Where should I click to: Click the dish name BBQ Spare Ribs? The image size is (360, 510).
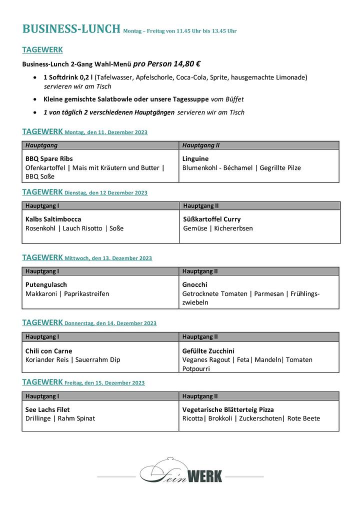click(x=49, y=159)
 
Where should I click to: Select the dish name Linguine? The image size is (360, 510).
click(x=195, y=159)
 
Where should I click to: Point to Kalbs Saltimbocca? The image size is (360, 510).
click(x=53, y=219)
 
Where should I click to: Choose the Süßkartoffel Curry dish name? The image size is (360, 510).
click(x=211, y=219)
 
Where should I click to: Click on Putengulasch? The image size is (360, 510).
click(x=46, y=284)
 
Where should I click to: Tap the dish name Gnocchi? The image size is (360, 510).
click(x=194, y=284)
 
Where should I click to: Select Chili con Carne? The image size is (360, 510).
click(x=49, y=350)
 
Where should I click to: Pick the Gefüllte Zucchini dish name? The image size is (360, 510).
click(x=208, y=350)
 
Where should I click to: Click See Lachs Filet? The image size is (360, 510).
click(x=47, y=409)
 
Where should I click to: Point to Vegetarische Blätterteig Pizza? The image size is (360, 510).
click(x=228, y=409)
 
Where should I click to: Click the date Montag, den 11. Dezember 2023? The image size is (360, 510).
click(x=106, y=132)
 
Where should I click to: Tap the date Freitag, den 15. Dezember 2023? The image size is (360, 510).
click(x=104, y=383)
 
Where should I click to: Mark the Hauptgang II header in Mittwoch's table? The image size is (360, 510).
click(x=200, y=271)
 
